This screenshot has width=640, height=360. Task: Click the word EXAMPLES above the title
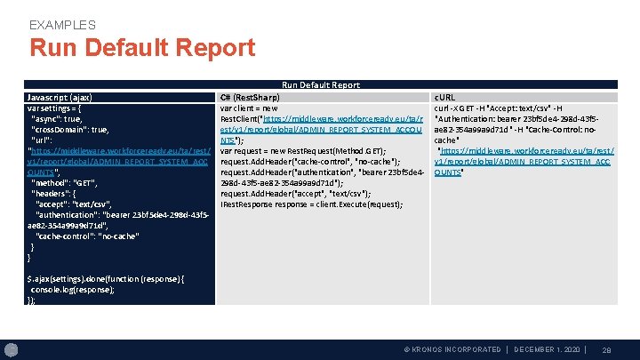tap(62, 25)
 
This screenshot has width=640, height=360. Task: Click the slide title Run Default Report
tap(142, 48)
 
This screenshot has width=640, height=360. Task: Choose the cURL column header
tap(444, 96)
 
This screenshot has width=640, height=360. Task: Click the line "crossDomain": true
tap(70, 129)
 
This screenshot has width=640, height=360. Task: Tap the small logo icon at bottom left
tap(12, 348)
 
